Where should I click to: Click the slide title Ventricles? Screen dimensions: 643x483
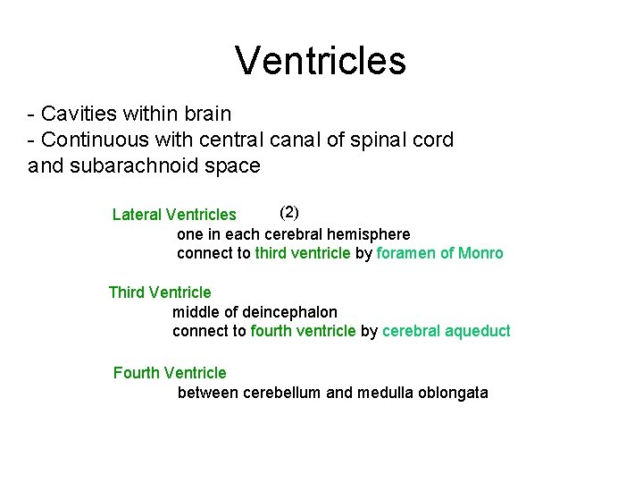pos(321,61)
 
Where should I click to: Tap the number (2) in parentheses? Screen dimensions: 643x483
pos(289,212)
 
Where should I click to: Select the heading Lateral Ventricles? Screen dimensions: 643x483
pos(174,215)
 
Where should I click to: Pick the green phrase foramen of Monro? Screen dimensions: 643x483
pos(440,253)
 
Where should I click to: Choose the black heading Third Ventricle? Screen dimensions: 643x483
pos(160,292)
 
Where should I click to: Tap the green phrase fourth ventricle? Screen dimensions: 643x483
pos(303,331)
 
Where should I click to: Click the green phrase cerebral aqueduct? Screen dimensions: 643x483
pos(447,331)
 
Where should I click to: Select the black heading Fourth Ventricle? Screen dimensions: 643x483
pos(170,373)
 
